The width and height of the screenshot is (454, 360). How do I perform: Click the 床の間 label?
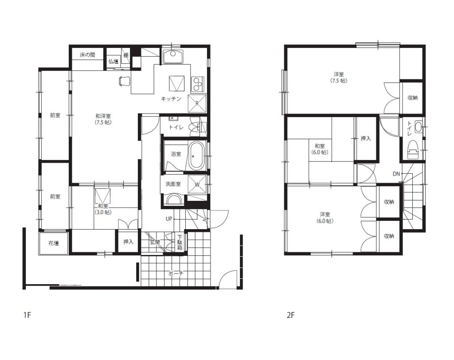pos(87,55)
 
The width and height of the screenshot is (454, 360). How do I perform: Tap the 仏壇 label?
pos(113,61)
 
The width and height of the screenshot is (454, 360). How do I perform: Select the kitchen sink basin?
pos(172,57)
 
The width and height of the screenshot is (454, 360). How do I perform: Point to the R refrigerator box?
pos(197,103)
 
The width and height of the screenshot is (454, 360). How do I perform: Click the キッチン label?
pos(171,99)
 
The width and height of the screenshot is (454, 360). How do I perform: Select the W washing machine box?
pos(197,184)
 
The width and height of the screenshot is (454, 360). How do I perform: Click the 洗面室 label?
pos(173,184)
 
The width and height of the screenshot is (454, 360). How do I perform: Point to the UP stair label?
pos(169,219)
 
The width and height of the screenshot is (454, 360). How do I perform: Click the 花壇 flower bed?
pos(54,243)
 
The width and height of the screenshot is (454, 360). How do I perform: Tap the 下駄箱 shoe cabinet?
pos(180,243)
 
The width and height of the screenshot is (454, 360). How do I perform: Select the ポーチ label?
pos(176,274)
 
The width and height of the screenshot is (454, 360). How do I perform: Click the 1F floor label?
pos(27,315)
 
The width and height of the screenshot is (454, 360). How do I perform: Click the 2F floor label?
pos(290,315)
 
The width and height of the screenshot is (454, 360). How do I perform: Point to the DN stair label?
pos(396,174)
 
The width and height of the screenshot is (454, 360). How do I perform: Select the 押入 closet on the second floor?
pos(366,138)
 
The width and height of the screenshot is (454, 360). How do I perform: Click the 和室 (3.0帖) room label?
pos(103,209)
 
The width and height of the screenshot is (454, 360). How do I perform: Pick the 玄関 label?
pos(155,242)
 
